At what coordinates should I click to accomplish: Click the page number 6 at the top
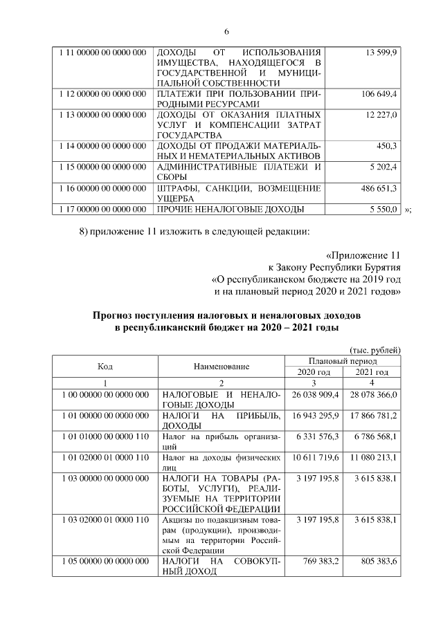(226, 32)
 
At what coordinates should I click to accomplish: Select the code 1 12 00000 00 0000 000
(102, 93)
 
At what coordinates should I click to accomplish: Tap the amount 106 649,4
(378, 93)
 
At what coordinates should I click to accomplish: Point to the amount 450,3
(386, 146)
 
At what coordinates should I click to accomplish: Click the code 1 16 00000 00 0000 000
(102, 188)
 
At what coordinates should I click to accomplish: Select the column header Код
(105, 366)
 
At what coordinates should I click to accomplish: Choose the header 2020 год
(314, 372)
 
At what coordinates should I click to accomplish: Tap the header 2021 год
(372, 372)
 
